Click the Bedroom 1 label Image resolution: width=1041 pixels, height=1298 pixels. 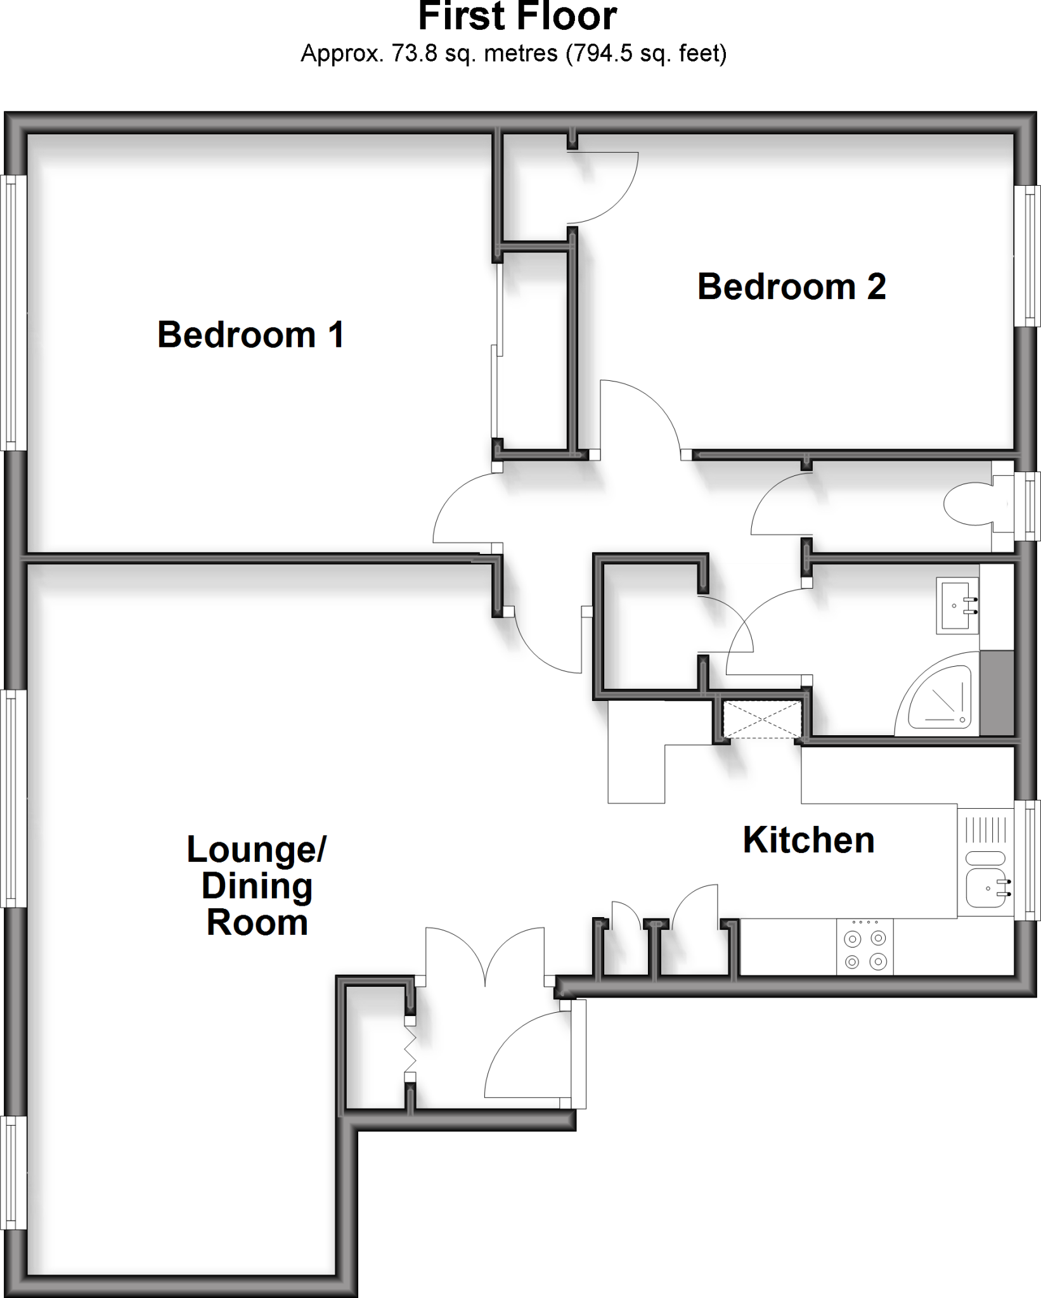250,335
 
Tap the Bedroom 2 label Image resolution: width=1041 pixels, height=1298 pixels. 791,286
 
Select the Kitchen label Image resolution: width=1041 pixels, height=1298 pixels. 808,840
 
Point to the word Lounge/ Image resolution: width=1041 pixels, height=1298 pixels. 256,849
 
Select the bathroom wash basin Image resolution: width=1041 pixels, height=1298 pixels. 957,605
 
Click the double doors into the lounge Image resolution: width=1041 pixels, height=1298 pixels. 485,955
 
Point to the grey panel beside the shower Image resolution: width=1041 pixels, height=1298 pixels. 997,693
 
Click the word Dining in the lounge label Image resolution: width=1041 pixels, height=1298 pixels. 257,886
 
